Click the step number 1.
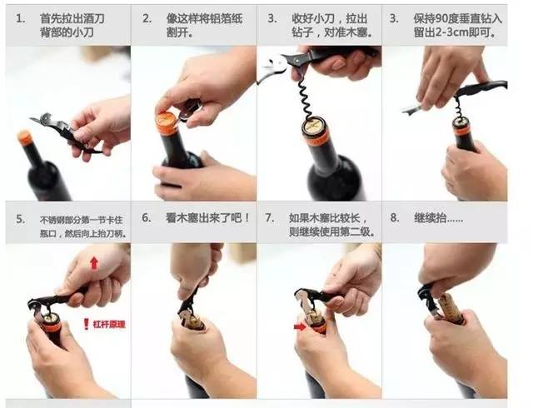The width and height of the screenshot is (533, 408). tap(19, 17)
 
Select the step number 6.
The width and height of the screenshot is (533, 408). tap(146, 217)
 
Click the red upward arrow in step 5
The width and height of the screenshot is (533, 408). tap(93, 263)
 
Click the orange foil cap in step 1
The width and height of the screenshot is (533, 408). tap(25, 137)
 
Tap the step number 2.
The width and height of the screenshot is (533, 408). tap(146, 17)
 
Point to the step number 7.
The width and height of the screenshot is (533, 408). tap(270, 217)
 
